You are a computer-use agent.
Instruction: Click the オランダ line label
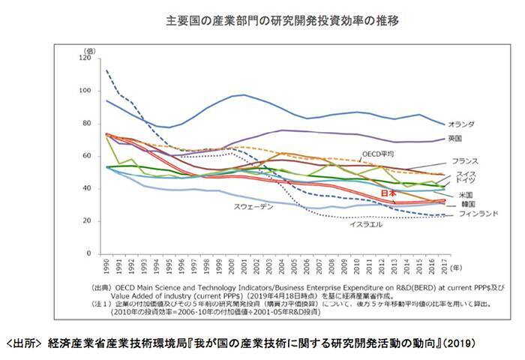click(x=460, y=124)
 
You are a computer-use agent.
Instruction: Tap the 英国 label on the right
click(x=454, y=139)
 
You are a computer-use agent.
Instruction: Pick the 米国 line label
click(x=455, y=195)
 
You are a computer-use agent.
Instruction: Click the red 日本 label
click(x=388, y=193)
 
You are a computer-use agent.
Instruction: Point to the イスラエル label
click(x=365, y=224)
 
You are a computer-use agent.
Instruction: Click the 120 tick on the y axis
click(x=85, y=58)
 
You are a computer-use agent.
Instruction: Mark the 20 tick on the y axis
click(x=87, y=221)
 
